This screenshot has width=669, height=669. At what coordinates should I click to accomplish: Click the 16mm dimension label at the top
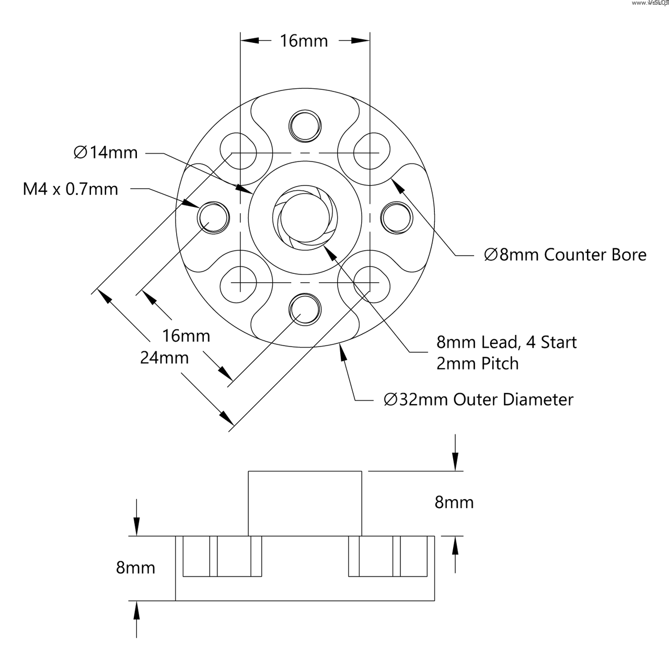pyautogui.click(x=304, y=41)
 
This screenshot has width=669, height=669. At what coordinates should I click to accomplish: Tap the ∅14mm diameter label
pyautogui.click(x=106, y=153)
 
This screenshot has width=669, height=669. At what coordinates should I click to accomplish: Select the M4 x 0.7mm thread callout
pyautogui.click(x=71, y=189)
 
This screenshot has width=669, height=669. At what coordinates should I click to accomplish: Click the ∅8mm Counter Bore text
pyautogui.click(x=566, y=255)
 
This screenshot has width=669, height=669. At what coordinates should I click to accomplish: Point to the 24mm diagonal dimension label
pyautogui.click(x=164, y=358)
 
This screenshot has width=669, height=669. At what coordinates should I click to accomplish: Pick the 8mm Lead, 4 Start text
pyautogui.click(x=506, y=342)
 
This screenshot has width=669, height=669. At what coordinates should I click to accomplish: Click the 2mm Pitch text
pyautogui.click(x=478, y=364)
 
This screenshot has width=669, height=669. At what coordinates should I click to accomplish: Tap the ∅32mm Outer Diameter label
pyautogui.click(x=478, y=400)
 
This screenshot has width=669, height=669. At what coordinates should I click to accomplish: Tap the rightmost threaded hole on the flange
pyautogui.click(x=396, y=217)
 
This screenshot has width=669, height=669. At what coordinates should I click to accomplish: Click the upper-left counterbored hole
pyautogui.click(x=238, y=152)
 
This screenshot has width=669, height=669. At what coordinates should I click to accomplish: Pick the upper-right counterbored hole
pyautogui.click(x=371, y=152)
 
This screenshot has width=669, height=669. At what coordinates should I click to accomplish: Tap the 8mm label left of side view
pyautogui.click(x=135, y=568)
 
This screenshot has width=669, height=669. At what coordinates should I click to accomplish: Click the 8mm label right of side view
pyautogui.click(x=454, y=503)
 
